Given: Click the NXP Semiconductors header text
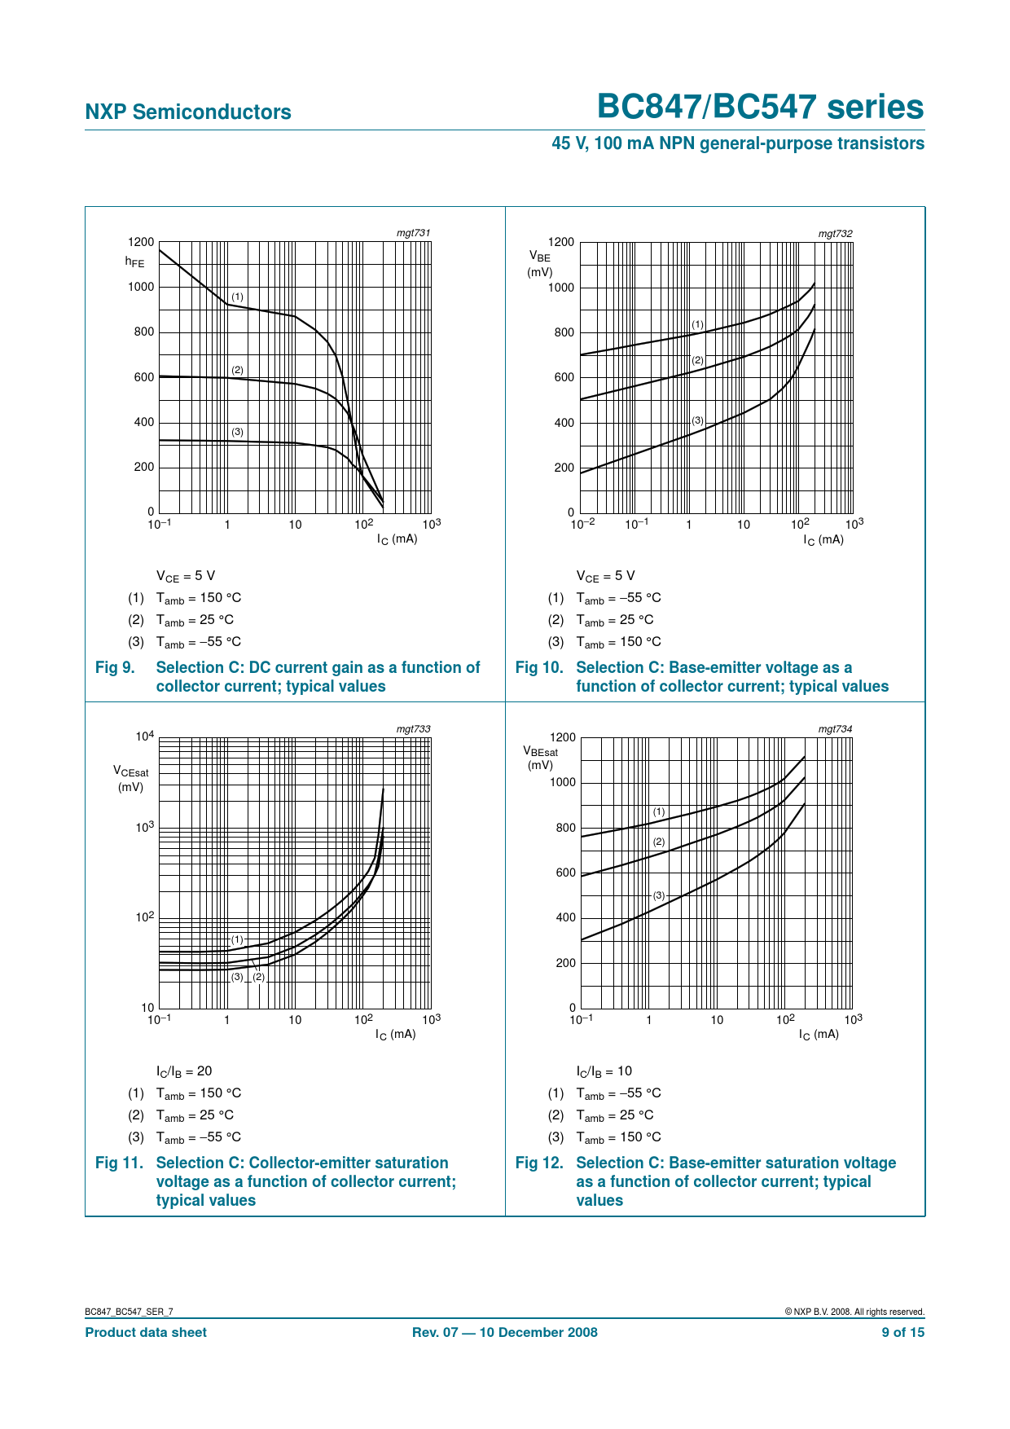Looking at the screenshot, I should tap(188, 112).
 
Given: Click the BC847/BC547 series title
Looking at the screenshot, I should tap(761, 108).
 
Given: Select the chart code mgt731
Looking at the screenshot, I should tap(413, 233).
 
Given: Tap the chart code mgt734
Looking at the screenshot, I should tap(835, 728).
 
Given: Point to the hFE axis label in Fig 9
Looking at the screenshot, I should tap(134, 262).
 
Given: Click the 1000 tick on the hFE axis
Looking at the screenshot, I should tap(140, 287).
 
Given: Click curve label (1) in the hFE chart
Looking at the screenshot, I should tap(237, 297).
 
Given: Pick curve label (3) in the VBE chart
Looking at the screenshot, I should tap(697, 420).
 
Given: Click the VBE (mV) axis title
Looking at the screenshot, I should tap(539, 264).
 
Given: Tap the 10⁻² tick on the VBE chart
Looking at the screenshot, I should tap(582, 524).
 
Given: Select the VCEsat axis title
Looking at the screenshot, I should tap(131, 778).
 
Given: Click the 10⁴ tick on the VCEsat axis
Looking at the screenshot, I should tap(144, 737).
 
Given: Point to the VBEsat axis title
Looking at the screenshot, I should tap(541, 758).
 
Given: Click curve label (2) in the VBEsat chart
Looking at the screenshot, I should tap(659, 842).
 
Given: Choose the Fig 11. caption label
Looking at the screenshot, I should tap(119, 1163).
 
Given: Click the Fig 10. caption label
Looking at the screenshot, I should tap(539, 667).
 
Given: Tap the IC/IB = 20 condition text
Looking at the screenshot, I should tap(184, 1071).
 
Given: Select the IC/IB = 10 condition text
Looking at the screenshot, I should tap(604, 1071).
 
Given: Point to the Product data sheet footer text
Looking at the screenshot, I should tap(146, 1332).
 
